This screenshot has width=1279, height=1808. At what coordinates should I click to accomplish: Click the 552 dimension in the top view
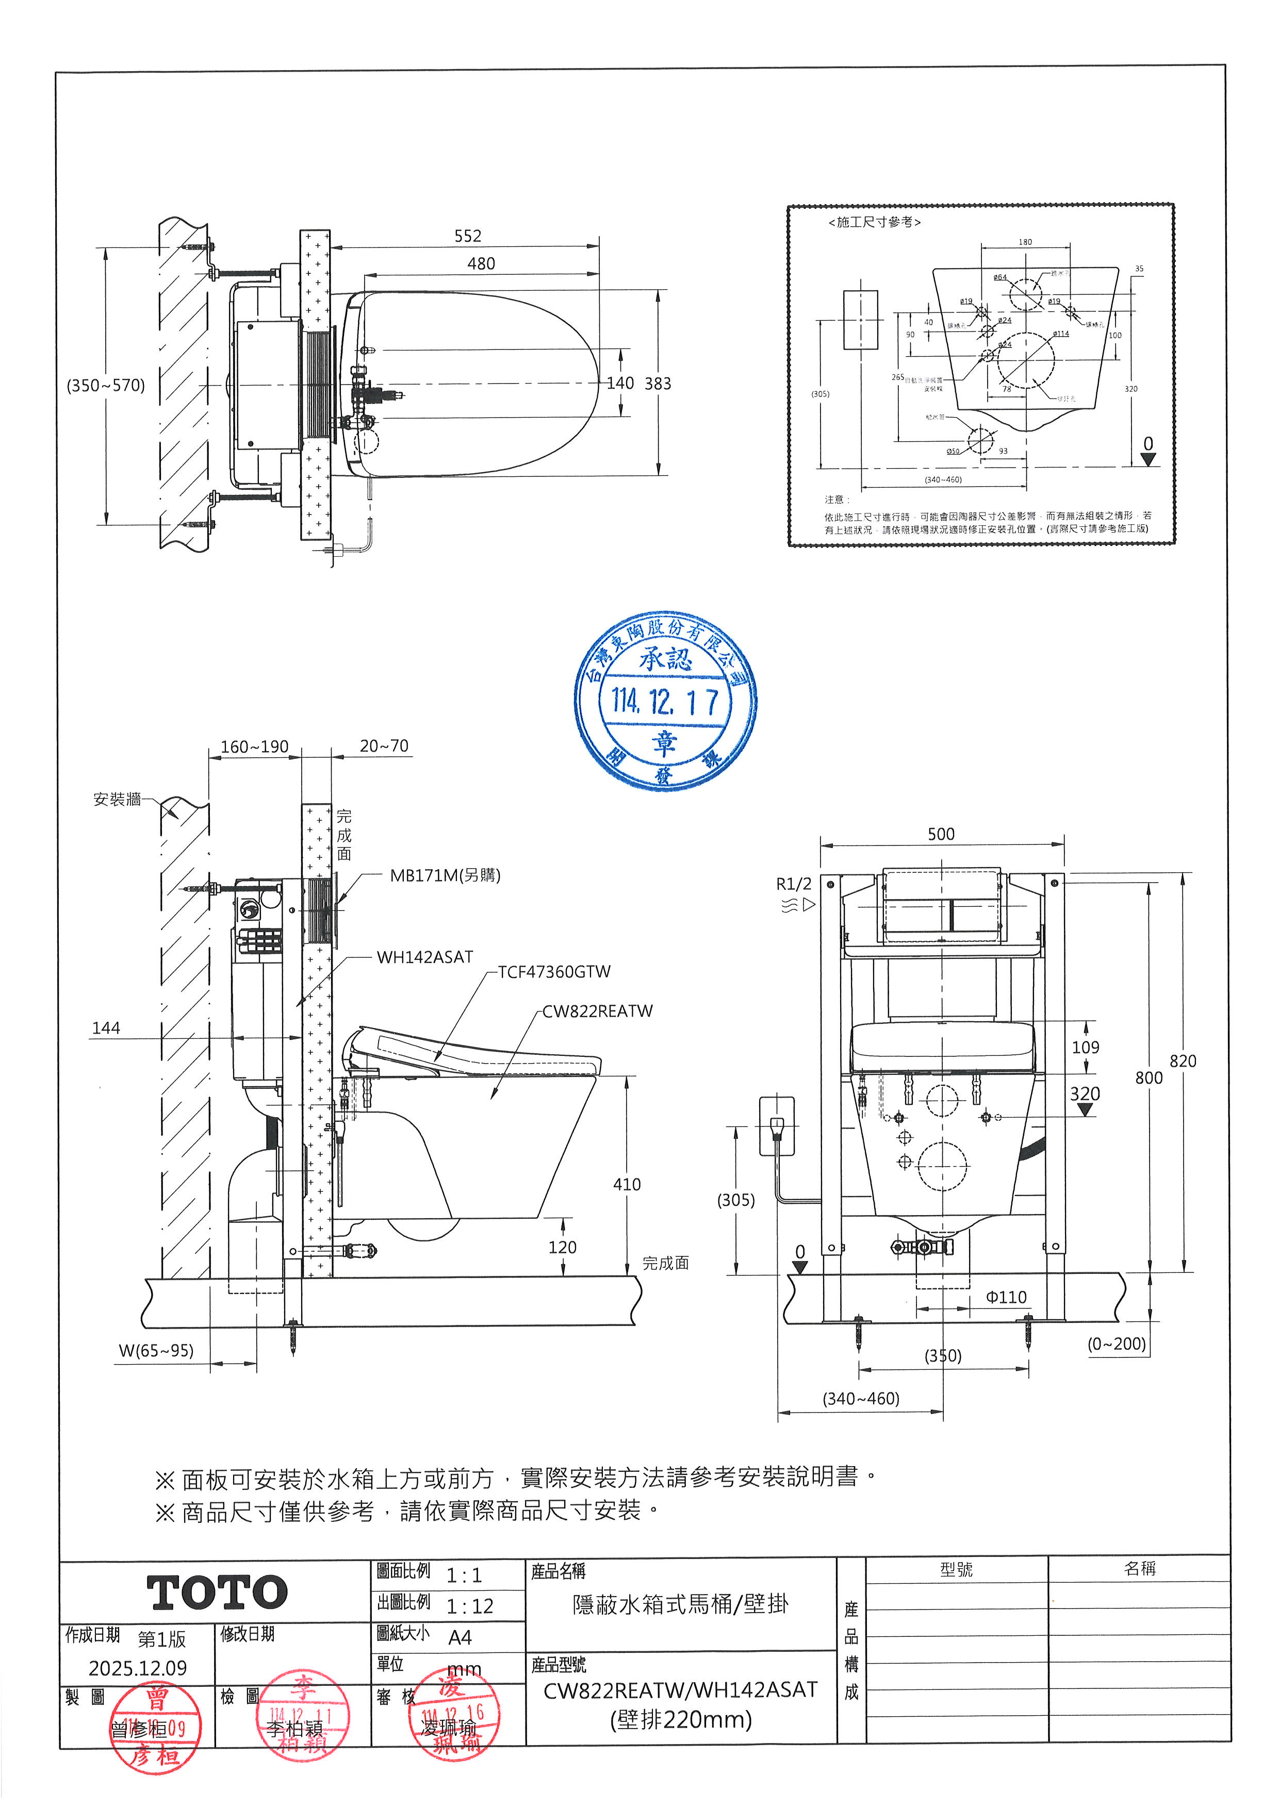(467, 236)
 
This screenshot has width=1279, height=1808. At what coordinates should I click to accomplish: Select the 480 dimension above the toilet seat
(481, 264)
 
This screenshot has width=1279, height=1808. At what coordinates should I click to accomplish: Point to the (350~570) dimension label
(106, 385)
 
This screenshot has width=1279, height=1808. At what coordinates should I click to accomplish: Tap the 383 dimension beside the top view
(658, 384)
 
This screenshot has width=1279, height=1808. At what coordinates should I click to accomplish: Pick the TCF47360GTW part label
(554, 972)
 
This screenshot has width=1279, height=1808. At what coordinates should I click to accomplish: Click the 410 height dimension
(627, 1184)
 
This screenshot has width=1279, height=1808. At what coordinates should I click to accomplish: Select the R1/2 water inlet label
(793, 884)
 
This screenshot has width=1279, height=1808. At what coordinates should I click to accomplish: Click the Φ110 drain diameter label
(1006, 1297)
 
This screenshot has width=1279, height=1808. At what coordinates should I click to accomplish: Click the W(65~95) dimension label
(156, 1351)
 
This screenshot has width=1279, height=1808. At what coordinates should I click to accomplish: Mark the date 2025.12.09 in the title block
(137, 1668)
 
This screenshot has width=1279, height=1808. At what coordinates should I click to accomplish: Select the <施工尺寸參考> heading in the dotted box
(874, 223)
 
